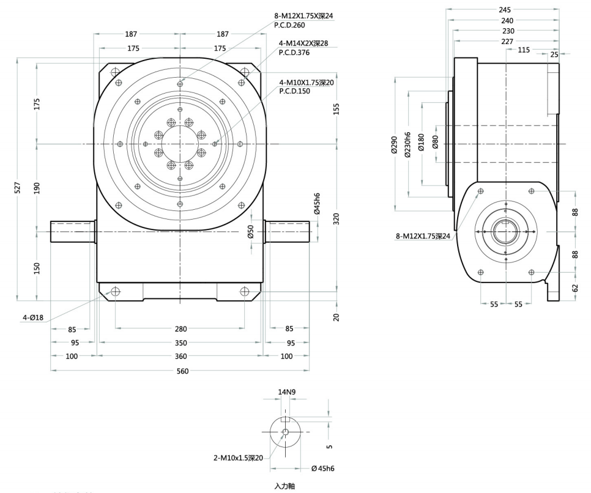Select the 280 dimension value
(180, 328)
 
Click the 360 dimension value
(180, 356)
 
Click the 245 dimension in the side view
(505, 10)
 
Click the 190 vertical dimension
(37, 188)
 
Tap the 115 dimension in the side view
(524, 50)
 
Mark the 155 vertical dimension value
(337, 108)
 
